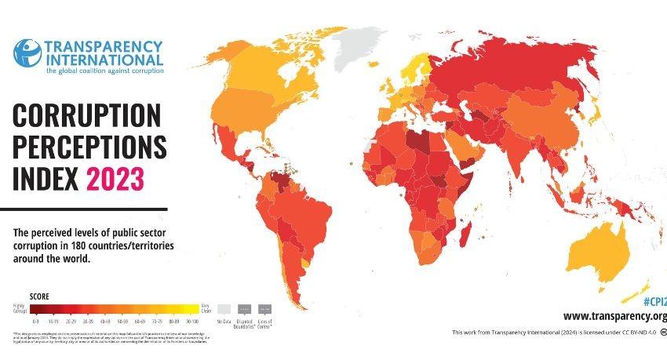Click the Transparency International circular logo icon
(27, 53)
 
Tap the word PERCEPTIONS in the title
(90, 147)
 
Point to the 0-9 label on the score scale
(35, 322)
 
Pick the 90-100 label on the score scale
(193, 322)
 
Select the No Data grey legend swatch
(224, 308)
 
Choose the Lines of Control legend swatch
(264, 308)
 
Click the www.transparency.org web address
(614, 316)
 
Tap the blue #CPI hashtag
(654, 300)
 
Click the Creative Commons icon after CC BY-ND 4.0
(662, 333)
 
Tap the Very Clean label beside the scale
(206, 308)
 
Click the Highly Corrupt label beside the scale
(19, 308)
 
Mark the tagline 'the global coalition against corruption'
(104, 71)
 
